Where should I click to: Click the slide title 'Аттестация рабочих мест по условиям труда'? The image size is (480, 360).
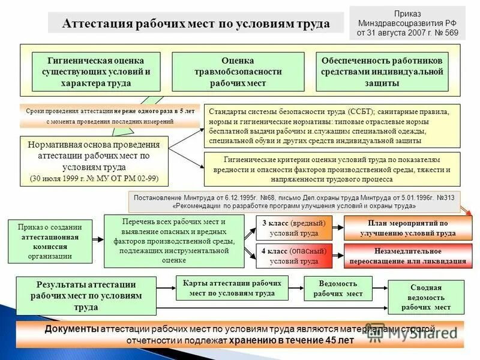[x=196, y=23]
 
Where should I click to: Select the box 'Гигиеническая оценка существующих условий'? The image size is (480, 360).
[x=96, y=72]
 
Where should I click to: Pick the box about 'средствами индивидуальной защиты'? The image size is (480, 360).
[x=382, y=72]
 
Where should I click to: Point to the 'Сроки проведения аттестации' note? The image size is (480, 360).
[x=110, y=116]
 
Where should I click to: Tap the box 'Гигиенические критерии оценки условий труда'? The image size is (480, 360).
[x=332, y=169]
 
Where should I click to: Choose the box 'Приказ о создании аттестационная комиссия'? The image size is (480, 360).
[x=50, y=240]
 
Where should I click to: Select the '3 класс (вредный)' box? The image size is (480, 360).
[x=294, y=228]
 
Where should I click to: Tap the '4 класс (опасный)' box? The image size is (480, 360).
[x=294, y=256]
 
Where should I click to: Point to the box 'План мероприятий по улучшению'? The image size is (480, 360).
[x=403, y=228]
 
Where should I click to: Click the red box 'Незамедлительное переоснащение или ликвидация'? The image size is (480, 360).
[x=403, y=256]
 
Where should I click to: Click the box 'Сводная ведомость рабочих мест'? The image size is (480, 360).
[x=427, y=297]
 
